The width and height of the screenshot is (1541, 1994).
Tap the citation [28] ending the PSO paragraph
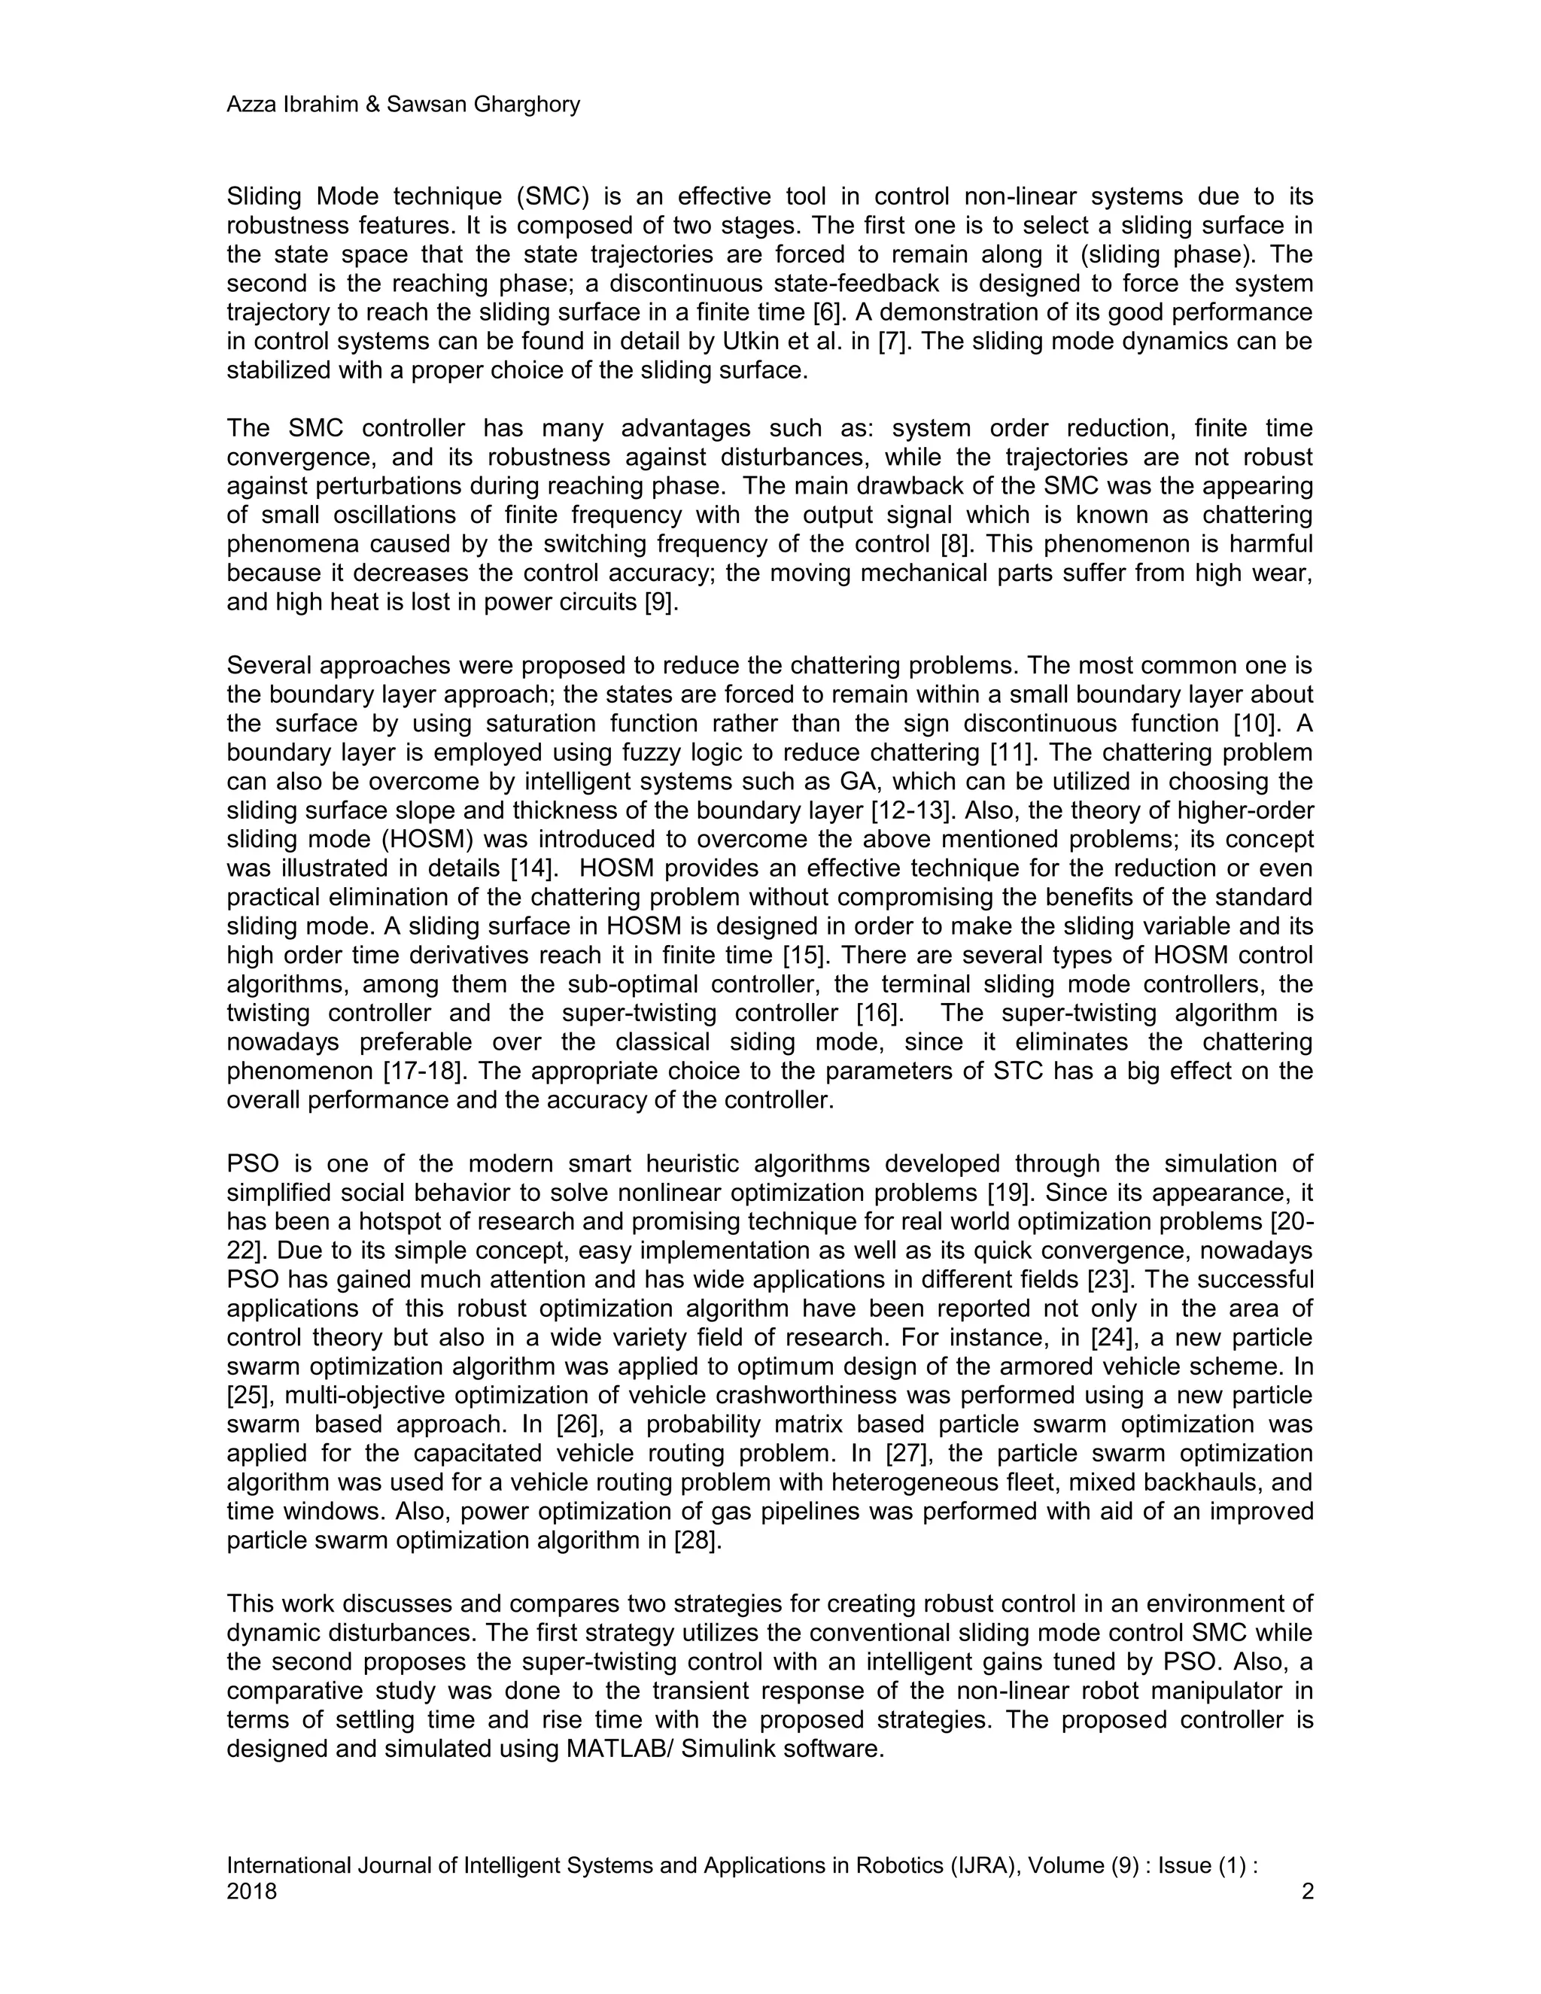pos(698,1541)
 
